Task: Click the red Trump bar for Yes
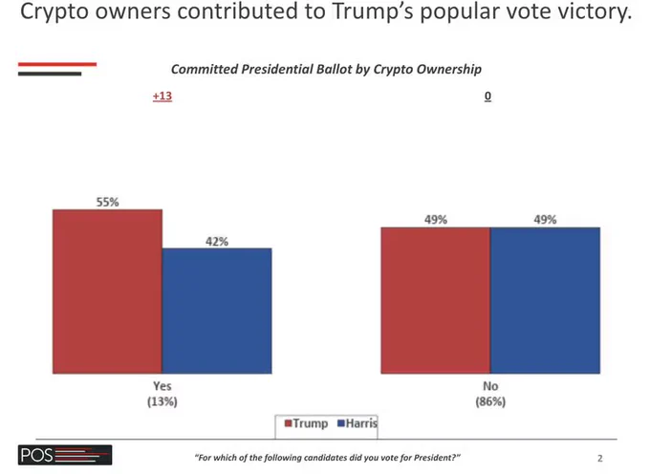point(107,291)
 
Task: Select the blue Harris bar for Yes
point(217,311)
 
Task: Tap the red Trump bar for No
point(436,300)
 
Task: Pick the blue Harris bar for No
point(545,300)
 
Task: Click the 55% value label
point(107,203)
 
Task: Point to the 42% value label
point(217,242)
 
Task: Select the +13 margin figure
point(162,97)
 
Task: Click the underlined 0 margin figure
point(487,97)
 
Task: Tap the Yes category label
point(162,386)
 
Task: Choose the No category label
point(490,386)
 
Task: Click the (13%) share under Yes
point(162,401)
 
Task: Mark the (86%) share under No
point(490,401)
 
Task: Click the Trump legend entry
point(306,423)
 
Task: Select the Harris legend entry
point(357,423)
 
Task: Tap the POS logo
point(65,455)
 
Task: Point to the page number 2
point(600,458)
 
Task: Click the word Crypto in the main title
point(54,12)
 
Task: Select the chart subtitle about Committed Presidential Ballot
point(326,69)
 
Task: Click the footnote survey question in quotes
point(328,458)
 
